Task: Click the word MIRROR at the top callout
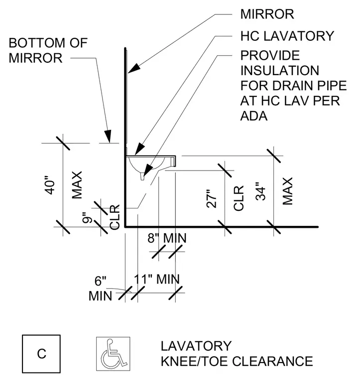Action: pos(267,14)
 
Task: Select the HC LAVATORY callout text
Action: pos(287,36)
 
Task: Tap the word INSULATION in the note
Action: pos(280,71)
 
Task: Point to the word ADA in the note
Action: pos(254,116)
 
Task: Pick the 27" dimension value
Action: pos(212,198)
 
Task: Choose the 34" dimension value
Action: pos(260,191)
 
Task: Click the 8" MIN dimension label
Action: pos(167,238)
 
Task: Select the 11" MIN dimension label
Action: pos(157,280)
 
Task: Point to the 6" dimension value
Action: pos(101,281)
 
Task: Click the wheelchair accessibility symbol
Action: pos(113,354)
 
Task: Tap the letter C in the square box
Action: pos(41,354)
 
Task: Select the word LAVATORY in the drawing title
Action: pos(196,346)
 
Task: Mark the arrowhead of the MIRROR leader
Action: pos(134,68)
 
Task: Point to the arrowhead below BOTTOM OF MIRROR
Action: pos(108,136)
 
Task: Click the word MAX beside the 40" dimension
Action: pos(77,185)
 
